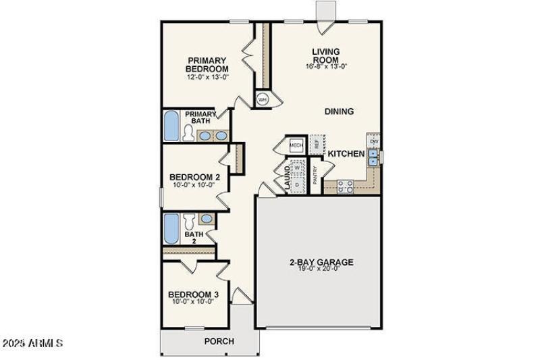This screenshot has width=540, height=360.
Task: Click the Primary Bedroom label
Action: (207, 64)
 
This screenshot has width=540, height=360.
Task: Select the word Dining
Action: (339, 111)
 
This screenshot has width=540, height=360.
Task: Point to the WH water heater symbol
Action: (262, 99)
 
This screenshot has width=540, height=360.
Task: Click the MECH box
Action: (296, 145)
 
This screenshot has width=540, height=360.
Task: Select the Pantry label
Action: (315, 176)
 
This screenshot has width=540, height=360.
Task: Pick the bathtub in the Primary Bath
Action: (171, 126)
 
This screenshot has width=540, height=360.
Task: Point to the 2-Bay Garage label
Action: (317, 263)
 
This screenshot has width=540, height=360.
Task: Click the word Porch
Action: (219, 342)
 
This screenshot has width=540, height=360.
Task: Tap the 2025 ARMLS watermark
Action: (32, 343)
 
